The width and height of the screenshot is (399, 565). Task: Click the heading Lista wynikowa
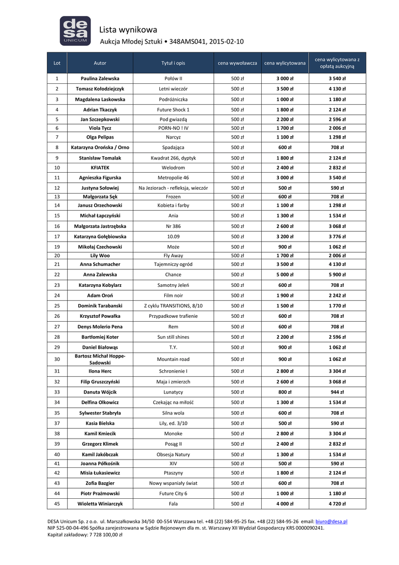coord(128,30)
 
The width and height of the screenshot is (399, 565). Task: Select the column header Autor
coord(100,63)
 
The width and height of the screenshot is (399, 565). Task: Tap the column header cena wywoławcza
coord(237,63)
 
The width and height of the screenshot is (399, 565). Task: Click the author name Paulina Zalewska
coord(100,78)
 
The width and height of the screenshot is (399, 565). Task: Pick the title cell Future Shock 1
coord(173,109)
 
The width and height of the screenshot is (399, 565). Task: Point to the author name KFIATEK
coord(100,167)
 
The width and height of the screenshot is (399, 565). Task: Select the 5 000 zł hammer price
coord(285,274)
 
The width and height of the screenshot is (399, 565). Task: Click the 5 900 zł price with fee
coord(337,274)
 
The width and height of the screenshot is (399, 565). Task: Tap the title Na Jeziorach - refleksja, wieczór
coord(173,188)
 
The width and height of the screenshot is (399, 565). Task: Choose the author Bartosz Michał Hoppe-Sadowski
coord(100,359)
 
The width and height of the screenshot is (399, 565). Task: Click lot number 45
coord(57,504)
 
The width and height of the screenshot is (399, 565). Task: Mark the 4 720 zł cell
coord(337,504)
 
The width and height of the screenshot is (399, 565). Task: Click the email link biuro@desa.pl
coord(332,521)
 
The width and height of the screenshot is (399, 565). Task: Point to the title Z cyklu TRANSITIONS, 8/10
coord(173,306)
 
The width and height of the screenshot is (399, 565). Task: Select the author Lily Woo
coord(100,255)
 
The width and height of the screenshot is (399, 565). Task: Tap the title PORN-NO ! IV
coord(173,128)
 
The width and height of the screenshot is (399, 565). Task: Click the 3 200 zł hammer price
coord(285,237)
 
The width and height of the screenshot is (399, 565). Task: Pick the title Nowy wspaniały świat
coord(173,483)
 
